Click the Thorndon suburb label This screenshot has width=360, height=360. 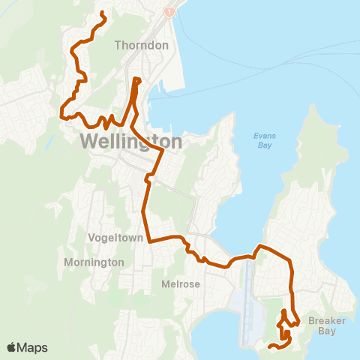point(142,45)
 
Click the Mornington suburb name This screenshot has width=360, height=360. point(94,262)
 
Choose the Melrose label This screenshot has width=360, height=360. point(180,284)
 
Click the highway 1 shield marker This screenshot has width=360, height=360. point(171,13)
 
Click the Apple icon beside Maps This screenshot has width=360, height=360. point(11,347)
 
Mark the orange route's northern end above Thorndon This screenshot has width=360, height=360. point(101,13)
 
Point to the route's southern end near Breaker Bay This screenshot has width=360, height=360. point(269,346)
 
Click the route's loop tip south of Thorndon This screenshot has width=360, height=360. point(136,79)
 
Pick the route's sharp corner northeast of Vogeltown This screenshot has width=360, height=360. point(160,150)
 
